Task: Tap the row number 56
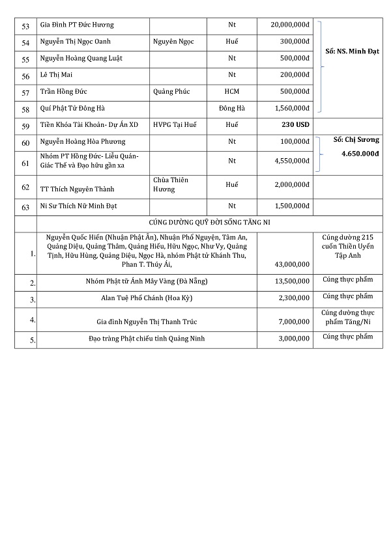pos(26,76)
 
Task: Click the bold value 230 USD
pos(295,124)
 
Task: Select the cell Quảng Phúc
pos(171,91)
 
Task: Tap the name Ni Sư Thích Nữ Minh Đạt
pos(80,206)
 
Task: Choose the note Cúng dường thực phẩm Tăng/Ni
pos(347,317)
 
